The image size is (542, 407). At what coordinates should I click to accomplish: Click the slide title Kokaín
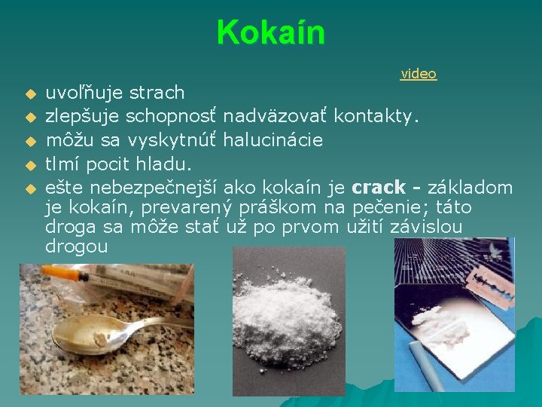click(x=270, y=32)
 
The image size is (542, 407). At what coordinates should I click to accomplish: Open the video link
click(x=419, y=73)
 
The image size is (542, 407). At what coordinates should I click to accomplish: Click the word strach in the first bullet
click(x=157, y=93)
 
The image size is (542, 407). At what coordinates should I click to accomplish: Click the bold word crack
click(x=379, y=187)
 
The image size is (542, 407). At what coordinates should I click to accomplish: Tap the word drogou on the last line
click(x=76, y=246)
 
